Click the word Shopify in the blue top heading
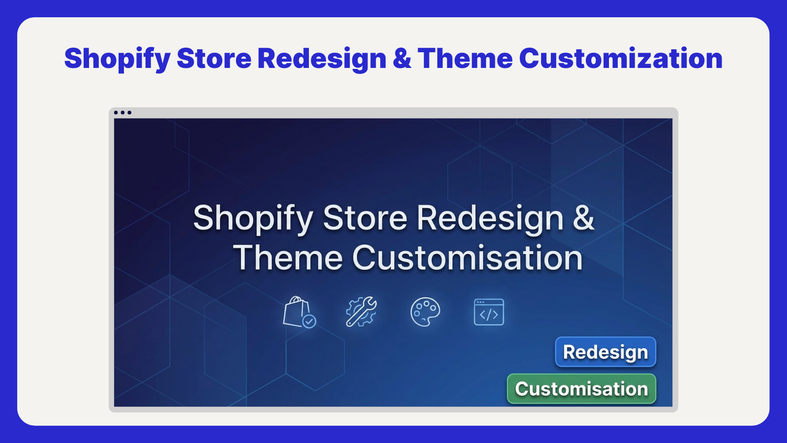[118, 59]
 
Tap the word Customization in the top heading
[620, 58]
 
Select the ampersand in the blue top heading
[402, 58]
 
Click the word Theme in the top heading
[465, 58]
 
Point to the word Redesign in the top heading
[322, 59]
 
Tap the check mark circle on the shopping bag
[309, 321]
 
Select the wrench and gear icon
[361, 312]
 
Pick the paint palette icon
[425, 312]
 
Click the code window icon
[489, 312]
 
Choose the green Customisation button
[581, 388]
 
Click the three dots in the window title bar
[122, 113]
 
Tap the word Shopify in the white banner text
[253, 219]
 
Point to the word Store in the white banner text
[365, 218]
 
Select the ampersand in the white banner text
[583, 218]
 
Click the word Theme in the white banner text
[288, 258]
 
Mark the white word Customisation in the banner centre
[467, 258]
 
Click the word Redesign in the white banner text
[490, 219]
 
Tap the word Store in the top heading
[214, 58]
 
